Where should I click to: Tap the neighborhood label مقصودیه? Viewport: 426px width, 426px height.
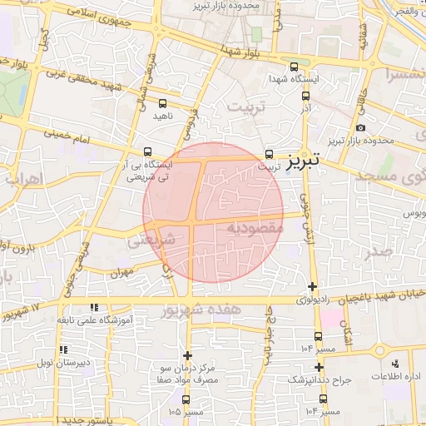pyautogui.click(x=255, y=227)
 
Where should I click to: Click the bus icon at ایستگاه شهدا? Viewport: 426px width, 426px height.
pyautogui.click(x=293, y=67)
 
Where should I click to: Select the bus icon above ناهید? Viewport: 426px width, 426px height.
pyautogui.click(x=161, y=105)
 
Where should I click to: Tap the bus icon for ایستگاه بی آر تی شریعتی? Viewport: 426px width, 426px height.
pyautogui.click(x=147, y=152)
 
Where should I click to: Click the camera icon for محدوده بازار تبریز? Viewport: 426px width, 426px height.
pyautogui.click(x=360, y=128)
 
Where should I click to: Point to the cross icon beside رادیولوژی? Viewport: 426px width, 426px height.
pyautogui.click(x=312, y=287)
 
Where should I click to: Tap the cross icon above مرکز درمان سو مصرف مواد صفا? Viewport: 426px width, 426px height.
pyautogui.click(x=187, y=355)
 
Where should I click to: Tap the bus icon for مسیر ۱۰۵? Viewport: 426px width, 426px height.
pyautogui.click(x=185, y=399)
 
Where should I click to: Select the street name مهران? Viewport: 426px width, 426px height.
pyautogui.click(x=121, y=272)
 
